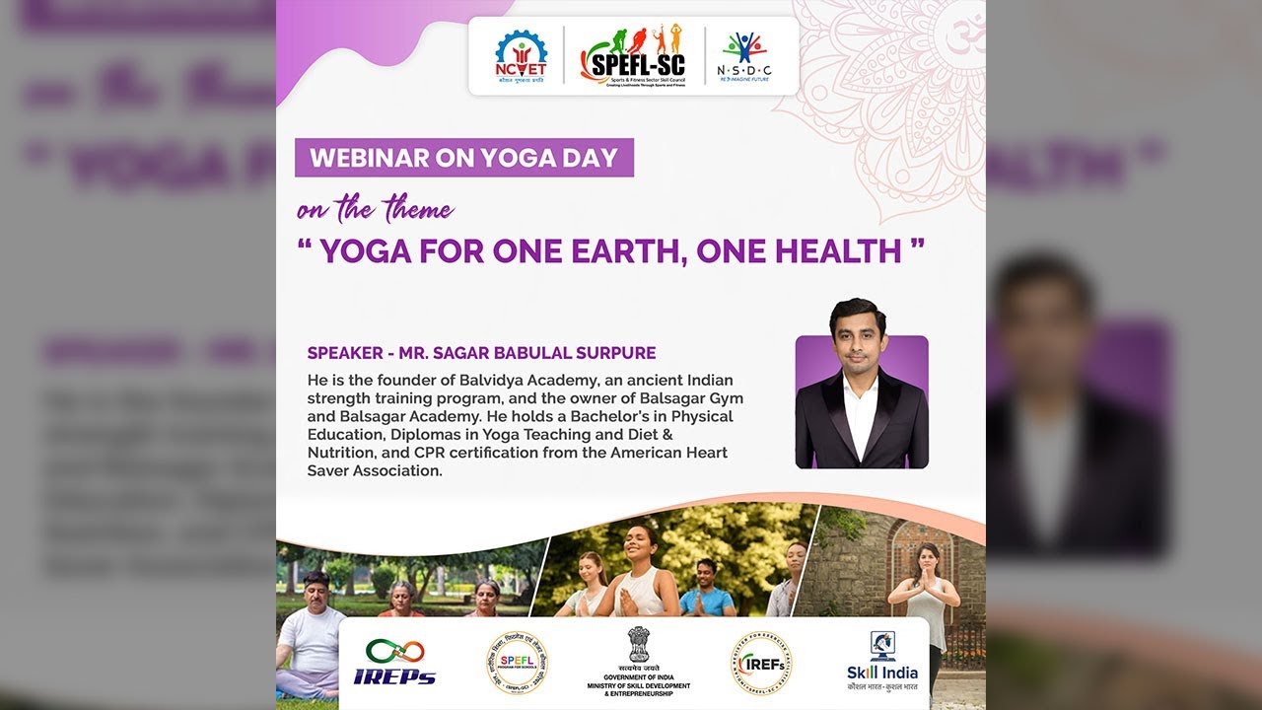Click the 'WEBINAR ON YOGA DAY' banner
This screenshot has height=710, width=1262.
pyautogui.click(x=463, y=158)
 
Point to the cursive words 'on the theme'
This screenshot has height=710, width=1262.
pyautogui.click(x=376, y=209)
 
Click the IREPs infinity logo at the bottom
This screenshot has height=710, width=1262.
pyautogui.click(x=394, y=662)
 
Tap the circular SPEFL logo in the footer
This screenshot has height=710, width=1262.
pyautogui.click(x=517, y=662)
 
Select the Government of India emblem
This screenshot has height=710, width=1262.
pyautogui.click(x=639, y=645)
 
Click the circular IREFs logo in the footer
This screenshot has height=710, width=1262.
pyautogui.click(x=760, y=662)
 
